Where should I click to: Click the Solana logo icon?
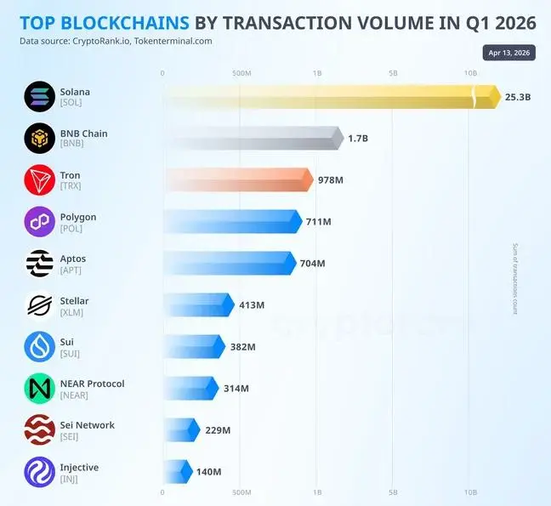(39, 97)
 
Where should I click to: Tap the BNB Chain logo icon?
(39, 139)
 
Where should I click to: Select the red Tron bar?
(237, 179)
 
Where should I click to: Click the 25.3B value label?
(517, 97)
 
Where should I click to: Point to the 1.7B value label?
(360, 138)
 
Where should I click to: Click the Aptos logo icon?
(39, 264)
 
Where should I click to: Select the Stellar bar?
(196, 304)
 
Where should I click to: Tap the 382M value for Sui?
(242, 347)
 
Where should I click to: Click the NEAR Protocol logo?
(39, 389)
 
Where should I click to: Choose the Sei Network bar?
(179, 429)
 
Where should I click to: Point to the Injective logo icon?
(39, 472)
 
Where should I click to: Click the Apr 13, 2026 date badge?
(509, 53)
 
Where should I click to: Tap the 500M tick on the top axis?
(241, 73)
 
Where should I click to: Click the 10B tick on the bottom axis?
(470, 492)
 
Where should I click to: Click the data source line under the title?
(116, 41)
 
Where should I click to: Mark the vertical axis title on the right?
(514, 279)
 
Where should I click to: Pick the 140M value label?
(208, 472)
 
